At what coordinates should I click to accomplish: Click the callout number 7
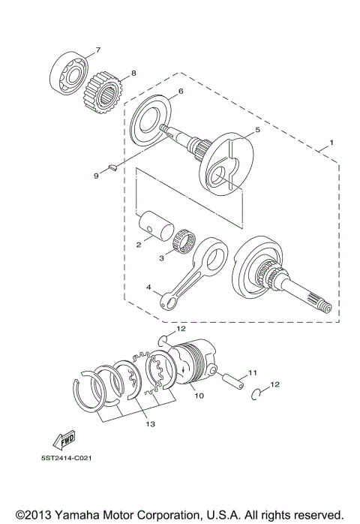coord(97,51)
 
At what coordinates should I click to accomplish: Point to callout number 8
coord(133,74)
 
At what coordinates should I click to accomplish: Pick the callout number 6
coord(181,93)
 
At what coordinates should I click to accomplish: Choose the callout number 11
coord(253,372)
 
